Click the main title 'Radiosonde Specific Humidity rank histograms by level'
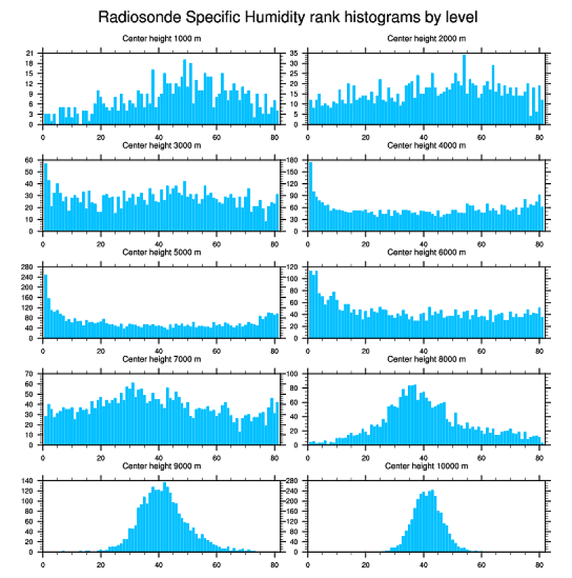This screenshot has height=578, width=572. (x=286, y=16)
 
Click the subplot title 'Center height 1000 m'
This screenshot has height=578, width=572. (x=161, y=39)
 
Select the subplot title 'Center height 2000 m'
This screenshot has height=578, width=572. (x=426, y=39)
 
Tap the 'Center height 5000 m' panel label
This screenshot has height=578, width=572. (x=161, y=253)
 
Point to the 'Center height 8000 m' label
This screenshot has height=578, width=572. (x=426, y=359)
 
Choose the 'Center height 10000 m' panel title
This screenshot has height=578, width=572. (x=426, y=466)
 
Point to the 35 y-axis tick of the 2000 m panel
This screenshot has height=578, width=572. (x=294, y=53)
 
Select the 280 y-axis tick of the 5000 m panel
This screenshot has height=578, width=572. (x=28, y=267)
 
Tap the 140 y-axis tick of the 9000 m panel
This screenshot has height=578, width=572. (x=28, y=480)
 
